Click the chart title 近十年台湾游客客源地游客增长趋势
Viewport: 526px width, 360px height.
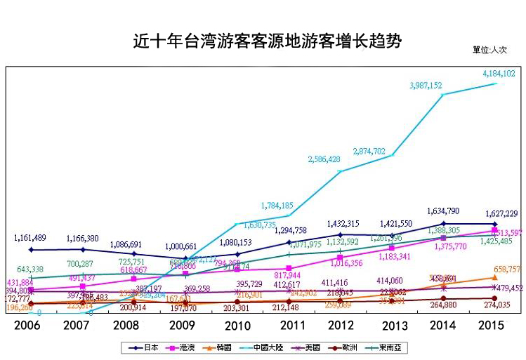[267, 40]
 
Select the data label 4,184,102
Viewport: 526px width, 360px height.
[499, 73]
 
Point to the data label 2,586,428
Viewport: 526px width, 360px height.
[324, 159]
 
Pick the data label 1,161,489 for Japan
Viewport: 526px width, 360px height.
[31, 239]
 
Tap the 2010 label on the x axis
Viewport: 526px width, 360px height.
[237, 326]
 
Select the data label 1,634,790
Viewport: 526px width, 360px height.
[443, 211]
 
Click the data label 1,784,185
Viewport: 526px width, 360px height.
[277, 206]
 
